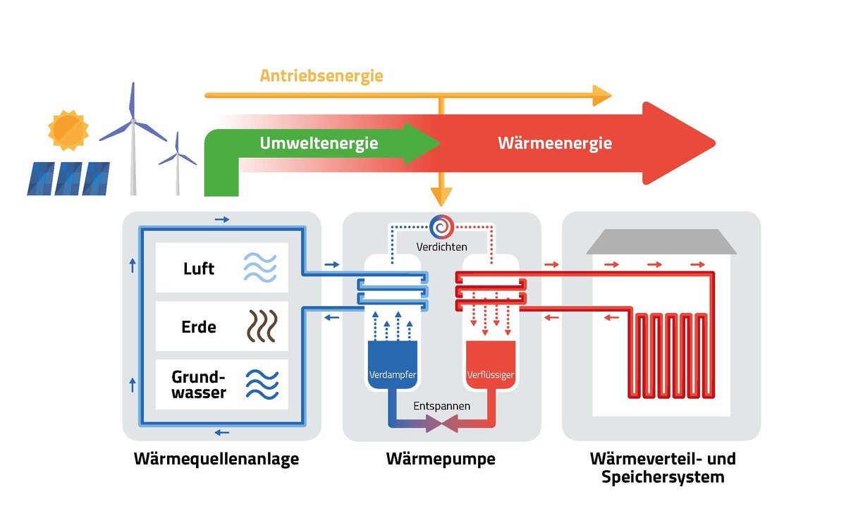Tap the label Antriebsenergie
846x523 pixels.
pyautogui.click(x=321, y=75)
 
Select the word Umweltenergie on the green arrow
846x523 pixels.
pyautogui.click(x=319, y=144)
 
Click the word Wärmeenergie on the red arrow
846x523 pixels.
pyautogui.click(x=555, y=144)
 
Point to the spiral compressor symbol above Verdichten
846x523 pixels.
pyautogui.click(x=442, y=227)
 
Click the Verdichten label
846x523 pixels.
pyautogui.click(x=442, y=247)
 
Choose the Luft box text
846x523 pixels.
pyautogui.click(x=198, y=269)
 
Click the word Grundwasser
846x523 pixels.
pyautogui.click(x=198, y=385)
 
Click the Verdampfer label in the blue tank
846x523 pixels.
pyautogui.click(x=392, y=374)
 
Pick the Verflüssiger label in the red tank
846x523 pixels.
pyautogui.click(x=491, y=374)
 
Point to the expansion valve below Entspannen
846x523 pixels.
pyautogui.click(x=442, y=424)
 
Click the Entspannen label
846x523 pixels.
pyautogui.click(x=442, y=407)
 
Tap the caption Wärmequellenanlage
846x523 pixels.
pyautogui.click(x=216, y=460)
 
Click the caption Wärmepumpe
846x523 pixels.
pyautogui.click(x=441, y=460)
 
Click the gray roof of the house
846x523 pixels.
pyautogui.click(x=661, y=242)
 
